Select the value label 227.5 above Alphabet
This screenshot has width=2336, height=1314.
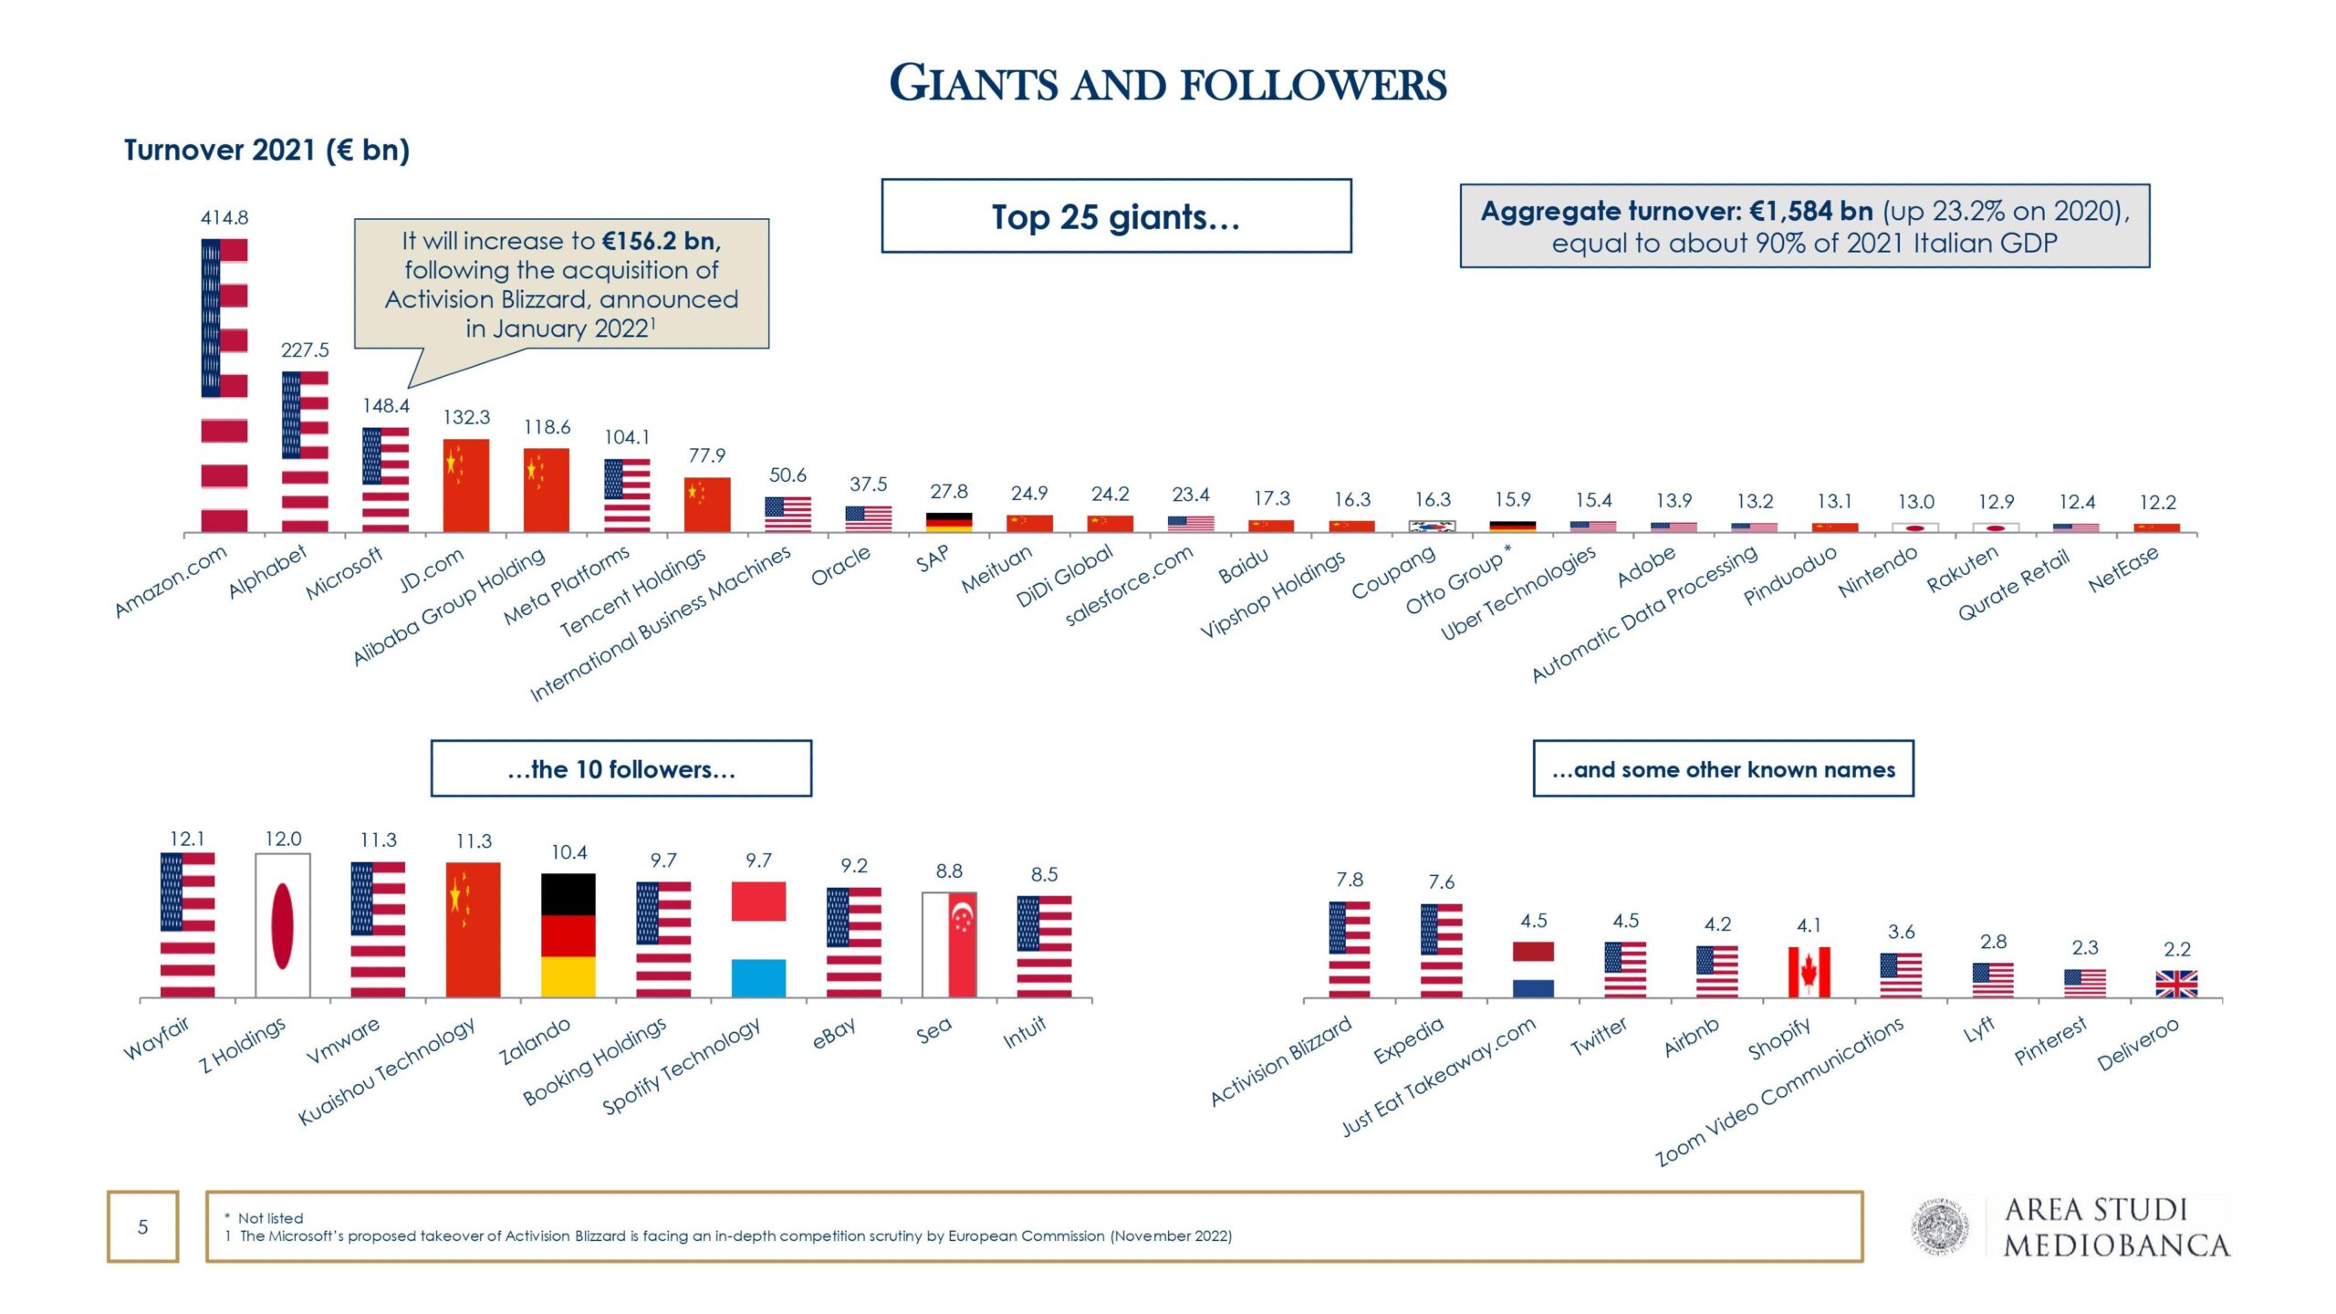(305, 350)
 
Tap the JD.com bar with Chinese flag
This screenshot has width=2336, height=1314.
(465, 485)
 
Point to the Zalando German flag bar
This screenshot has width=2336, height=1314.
(568, 935)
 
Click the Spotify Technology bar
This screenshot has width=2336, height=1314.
(758, 939)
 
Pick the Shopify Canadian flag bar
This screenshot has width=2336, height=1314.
(1809, 972)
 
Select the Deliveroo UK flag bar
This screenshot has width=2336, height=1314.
(2176, 984)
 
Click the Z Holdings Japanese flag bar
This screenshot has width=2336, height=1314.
(283, 925)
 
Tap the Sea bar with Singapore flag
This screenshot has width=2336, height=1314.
(949, 944)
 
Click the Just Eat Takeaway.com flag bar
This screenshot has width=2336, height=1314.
(1533, 969)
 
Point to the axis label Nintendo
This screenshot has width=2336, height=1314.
(1877, 573)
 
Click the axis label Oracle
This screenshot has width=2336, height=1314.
(840, 567)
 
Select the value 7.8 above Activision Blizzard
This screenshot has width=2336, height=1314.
(1350, 880)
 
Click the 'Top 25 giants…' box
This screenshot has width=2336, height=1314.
(1116, 216)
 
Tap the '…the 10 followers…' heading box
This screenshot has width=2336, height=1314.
(620, 768)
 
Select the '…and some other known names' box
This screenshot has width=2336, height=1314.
(1723, 768)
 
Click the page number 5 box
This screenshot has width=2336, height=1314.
(142, 1226)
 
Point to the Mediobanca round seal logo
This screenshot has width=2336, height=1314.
(1941, 1227)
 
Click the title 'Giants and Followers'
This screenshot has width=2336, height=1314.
(1168, 84)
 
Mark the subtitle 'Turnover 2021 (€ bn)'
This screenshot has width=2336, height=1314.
(266, 150)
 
